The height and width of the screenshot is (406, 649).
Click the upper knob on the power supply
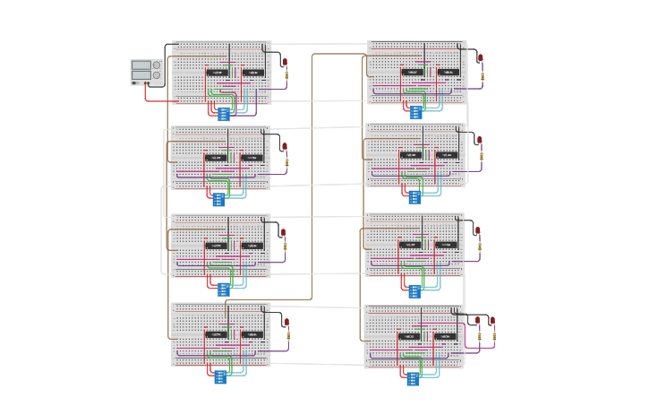pos(158,65)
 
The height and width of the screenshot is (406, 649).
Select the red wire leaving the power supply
pos(161,100)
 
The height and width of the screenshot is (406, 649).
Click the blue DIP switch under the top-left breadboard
pos(224,114)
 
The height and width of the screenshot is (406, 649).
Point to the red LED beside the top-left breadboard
pos(286,63)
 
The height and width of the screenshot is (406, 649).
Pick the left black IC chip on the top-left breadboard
pos(217,73)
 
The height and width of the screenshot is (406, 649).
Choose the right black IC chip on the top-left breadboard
pos(252,73)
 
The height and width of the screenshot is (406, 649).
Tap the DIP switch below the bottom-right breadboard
pos(413,379)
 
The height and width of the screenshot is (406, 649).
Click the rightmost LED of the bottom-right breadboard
pos(492,320)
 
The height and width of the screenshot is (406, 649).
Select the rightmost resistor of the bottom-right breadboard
pos(492,336)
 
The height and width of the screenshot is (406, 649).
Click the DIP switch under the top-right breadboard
pos(415,112)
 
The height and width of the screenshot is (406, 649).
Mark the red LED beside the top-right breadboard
pos(480,58)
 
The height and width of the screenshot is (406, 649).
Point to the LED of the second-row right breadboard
pos(480,141)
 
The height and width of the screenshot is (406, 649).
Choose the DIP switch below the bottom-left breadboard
pos(220,377)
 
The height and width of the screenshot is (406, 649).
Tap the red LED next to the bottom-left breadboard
pos(286,322)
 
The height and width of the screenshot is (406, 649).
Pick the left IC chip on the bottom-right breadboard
pos(408,336)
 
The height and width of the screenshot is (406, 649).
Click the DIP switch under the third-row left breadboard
pos(223,289)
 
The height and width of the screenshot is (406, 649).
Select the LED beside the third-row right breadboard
pos(478,230)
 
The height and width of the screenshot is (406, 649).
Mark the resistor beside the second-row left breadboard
pos(286,162)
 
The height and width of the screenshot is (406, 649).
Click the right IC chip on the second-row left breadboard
pos(252,158)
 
